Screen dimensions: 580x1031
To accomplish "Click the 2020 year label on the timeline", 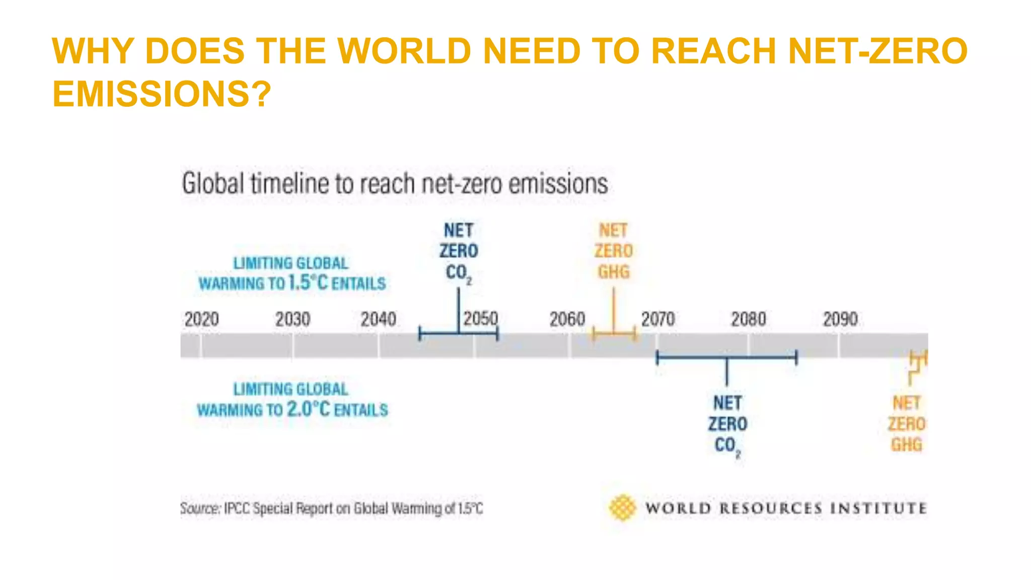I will click(x=201, y=319).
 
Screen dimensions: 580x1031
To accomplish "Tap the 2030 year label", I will click(x=292, y=319).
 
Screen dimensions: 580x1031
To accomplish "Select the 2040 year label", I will click(x=378, y=319).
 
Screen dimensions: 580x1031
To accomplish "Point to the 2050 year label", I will click(x=480, y=319).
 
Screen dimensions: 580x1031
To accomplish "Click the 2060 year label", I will click(x=567, y=319).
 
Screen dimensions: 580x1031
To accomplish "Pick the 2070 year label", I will click(x=657, y=319).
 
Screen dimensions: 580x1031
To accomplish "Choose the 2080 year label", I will click(x=749, y=319).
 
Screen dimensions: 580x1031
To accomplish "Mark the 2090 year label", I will click(x=840, y=319).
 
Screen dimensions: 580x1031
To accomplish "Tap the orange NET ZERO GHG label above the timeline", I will click(x=613, y=251).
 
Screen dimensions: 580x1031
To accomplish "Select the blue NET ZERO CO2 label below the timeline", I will click(x=727, y=424).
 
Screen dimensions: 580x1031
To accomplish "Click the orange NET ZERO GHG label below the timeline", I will click(x=906, y=424).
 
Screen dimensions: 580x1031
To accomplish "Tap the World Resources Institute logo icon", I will click(x=622, y=507).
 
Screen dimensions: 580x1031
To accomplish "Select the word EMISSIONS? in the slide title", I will click(x=162, y=94).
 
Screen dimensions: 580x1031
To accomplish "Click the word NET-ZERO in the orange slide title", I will click(x=877, y=51).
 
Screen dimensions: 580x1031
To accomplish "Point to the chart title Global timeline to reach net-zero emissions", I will click(x=395, y=183).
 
